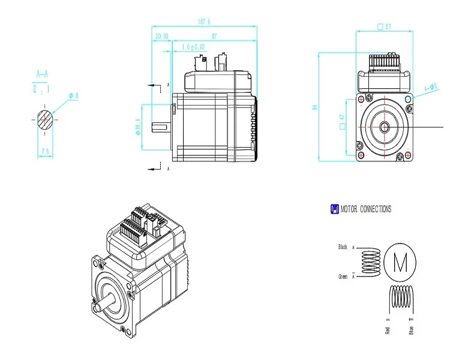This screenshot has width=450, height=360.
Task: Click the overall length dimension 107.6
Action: click(x=203, y=22)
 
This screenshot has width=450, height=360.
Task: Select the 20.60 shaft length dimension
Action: click(x=161, y=37)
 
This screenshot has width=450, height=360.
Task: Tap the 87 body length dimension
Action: click(x=214, y=37)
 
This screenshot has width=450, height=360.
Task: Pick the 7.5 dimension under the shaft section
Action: click(x=44, y=152)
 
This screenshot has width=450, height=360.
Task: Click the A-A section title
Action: click(x=42, y=75)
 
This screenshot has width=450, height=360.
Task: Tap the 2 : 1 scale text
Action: click(x=42, y=88)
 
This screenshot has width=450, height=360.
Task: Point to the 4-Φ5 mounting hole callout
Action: click(x=431, y=86)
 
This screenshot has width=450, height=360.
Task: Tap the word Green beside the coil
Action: click(x=343, y=276)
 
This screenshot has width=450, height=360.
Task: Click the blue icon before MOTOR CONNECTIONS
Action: click(x=334, y=209)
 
